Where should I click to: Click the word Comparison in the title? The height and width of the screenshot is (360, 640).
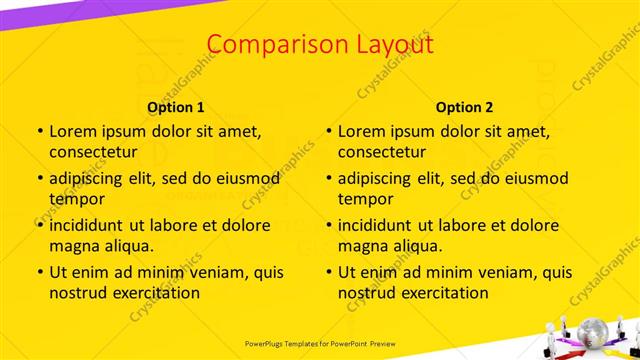pos(263,44)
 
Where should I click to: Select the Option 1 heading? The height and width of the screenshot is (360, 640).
pos(176,106)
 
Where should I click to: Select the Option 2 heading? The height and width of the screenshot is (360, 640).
pos(465,106)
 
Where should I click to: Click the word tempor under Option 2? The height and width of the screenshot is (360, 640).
pos(365,199)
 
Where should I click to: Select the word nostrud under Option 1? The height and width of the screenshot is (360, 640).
pos(80,293)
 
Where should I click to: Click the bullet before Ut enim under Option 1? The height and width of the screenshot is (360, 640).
pos(39,272)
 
